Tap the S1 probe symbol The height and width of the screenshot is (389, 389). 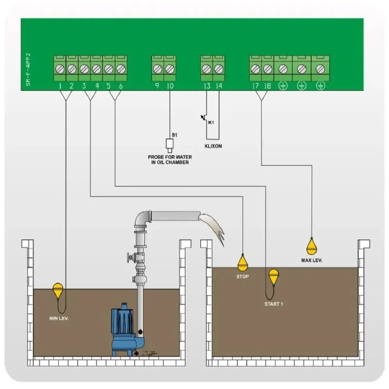[170, 144]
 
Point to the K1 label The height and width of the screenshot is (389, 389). [211, 123]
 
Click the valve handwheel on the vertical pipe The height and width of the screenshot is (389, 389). [129, 258]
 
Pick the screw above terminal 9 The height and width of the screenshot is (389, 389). [158, 69]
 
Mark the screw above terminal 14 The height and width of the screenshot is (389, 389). [219, 69]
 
